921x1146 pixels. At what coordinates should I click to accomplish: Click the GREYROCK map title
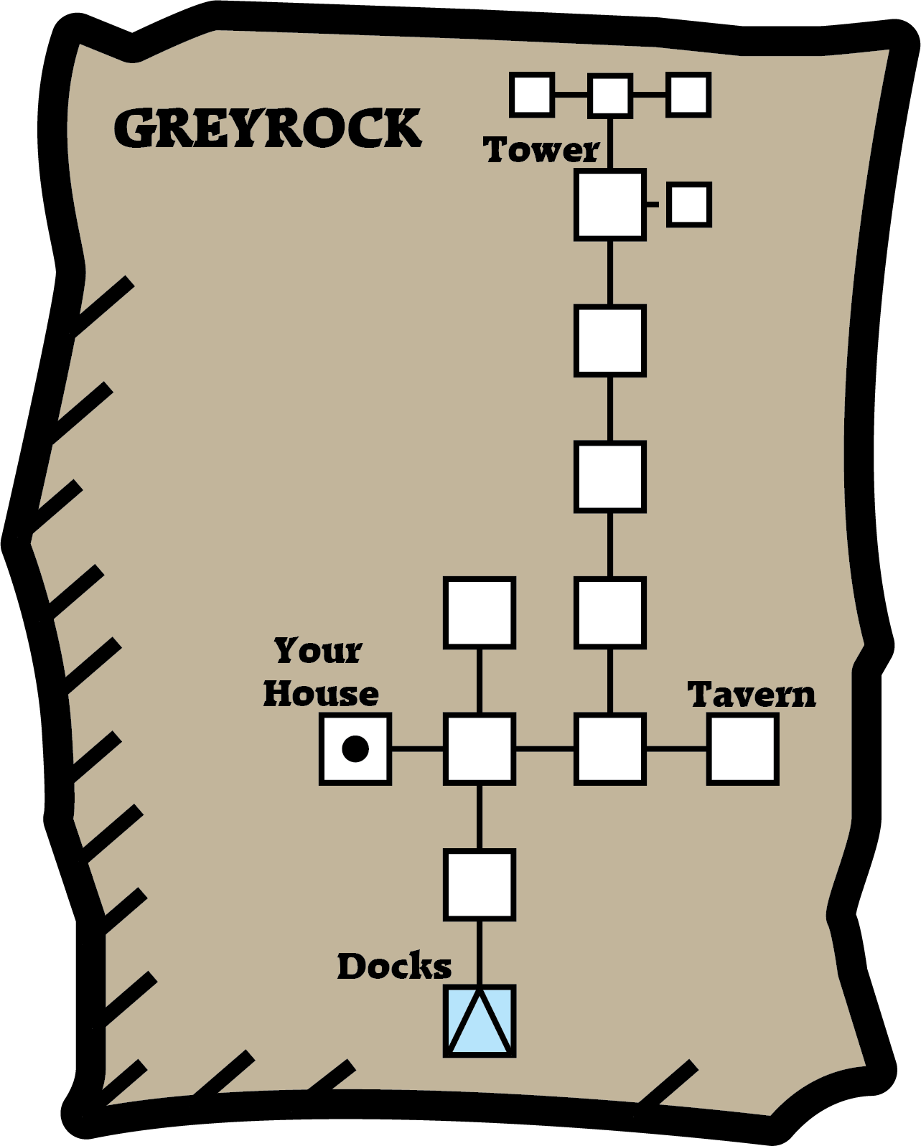coord(267,129)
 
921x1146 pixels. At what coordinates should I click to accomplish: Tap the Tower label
coord(541,151)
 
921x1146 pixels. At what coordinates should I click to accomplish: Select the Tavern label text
coord(752,695)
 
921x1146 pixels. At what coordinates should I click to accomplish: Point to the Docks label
coord(394,967)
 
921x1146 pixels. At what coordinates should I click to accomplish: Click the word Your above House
coord(318,651)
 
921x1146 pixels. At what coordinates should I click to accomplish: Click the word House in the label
coord(321,694)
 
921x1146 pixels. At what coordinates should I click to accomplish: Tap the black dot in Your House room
coord(355,748)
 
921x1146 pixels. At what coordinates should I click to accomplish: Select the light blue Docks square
coord(480,1021)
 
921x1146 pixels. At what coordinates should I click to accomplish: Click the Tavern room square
coord(743,748)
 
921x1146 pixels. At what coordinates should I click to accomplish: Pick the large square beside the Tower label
coord(610,205)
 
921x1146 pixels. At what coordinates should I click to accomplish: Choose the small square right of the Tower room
coord(689,205)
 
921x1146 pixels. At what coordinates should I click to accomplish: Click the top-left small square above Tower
coord(531,95)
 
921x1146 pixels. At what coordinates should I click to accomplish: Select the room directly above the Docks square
coord(480,885)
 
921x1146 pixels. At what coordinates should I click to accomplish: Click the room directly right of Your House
coord(480,748)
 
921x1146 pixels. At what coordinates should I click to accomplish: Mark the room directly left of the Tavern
coord(610,748)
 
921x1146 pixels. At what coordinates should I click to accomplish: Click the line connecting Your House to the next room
coord(418,749)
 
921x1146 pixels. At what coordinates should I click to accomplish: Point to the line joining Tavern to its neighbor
coord(676,749)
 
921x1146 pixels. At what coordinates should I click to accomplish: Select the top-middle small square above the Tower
coord(610,95)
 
